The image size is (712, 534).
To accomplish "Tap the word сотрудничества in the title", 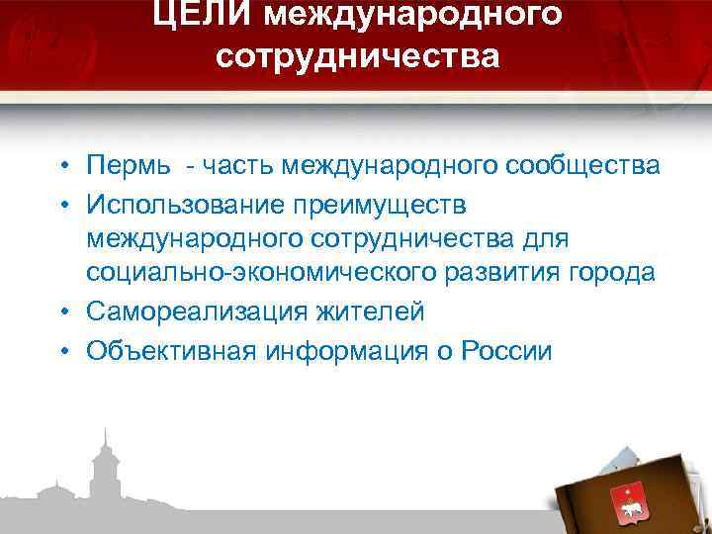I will coord(358,56).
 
